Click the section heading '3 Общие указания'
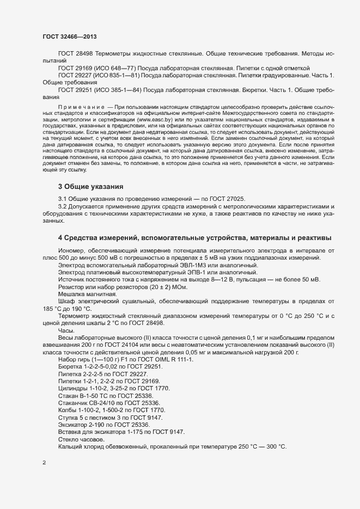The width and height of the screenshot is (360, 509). tap(90, 171)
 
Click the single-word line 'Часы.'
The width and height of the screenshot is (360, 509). tap(66, 330)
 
